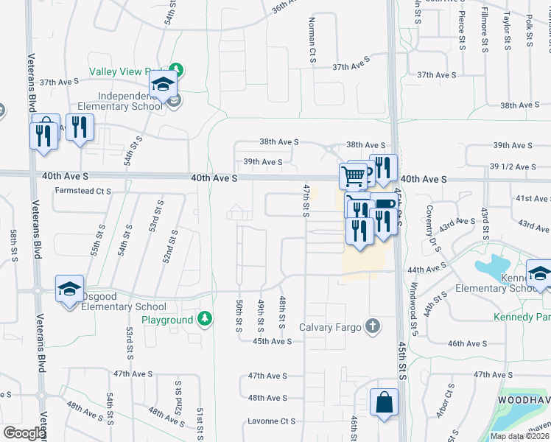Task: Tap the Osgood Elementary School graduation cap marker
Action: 69,289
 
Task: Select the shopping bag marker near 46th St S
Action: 385,403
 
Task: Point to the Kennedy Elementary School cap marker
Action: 540,274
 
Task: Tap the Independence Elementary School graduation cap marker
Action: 163,85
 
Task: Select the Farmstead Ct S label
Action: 83,191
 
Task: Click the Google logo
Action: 24,433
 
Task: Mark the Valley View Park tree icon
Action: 177,71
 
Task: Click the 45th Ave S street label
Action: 273,341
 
